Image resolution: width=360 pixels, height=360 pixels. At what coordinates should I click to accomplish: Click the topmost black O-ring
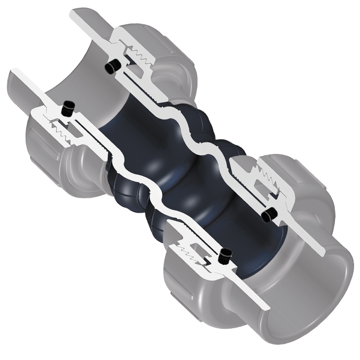(x=112, y=67)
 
